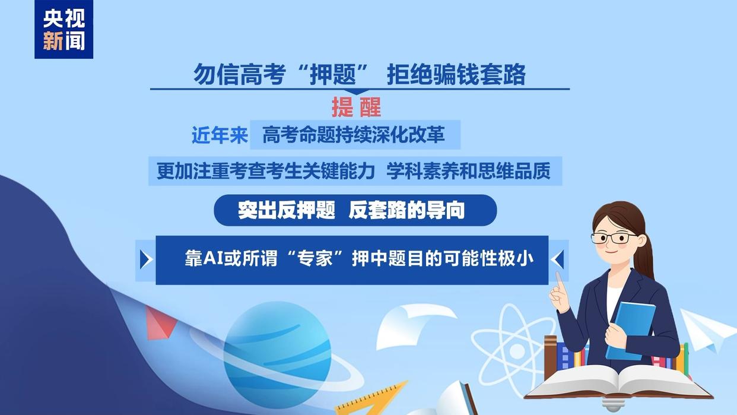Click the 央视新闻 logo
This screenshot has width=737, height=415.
64,29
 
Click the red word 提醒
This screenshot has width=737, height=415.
356,107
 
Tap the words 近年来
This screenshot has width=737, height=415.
220,135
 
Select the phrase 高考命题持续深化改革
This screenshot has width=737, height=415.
354,135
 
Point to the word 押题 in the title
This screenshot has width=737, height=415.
333,75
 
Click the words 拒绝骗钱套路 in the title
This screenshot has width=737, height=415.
456,75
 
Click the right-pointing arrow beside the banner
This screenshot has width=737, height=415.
146,259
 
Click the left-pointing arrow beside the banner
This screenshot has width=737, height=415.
557,259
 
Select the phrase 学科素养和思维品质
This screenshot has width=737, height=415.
468,171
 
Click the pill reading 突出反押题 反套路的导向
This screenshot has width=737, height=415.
355,210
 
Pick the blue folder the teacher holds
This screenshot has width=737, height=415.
630,331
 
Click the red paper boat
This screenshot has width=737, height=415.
160,323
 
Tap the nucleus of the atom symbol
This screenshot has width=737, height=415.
517,351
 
